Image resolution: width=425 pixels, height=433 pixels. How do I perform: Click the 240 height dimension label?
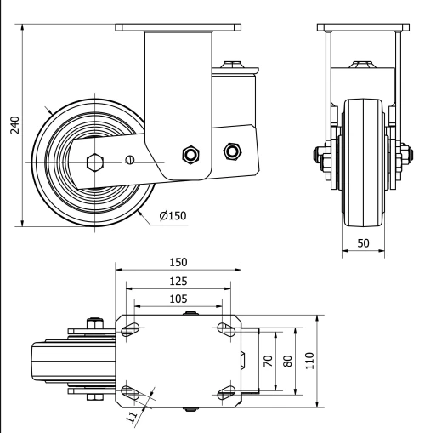[x=9, y=125]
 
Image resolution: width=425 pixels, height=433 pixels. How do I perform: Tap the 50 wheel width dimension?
[x=363, y=243]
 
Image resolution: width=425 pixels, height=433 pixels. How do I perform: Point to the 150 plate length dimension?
[x=178, y=262]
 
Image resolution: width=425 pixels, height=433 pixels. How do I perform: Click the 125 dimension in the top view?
[x=178, y=280]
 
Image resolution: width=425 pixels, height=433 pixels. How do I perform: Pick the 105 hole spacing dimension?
[x=178, y=299]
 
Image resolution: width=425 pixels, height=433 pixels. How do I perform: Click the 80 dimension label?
[x=287, y=361]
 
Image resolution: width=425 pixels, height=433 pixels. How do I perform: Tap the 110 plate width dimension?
[x=311, y=361]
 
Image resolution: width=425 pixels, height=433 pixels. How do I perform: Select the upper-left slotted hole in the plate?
[x=131, y=329]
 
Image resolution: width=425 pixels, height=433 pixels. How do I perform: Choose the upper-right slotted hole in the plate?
[x=227, y=329]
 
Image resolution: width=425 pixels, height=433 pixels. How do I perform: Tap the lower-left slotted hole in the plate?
[x=131, y=392]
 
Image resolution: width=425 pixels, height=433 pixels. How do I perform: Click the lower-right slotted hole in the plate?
[x=227, y=392]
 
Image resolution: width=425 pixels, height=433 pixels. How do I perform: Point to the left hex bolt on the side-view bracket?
[x=190, y=154]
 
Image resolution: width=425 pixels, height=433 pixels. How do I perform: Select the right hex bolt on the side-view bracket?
[x=229, y=151]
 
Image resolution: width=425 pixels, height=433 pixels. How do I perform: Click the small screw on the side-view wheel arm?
[x=129, y=159]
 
